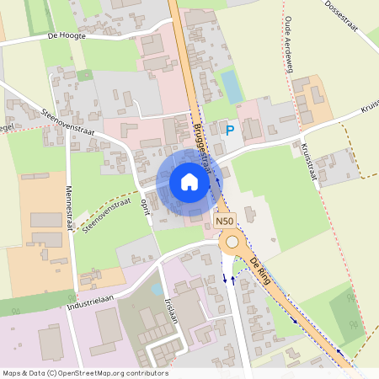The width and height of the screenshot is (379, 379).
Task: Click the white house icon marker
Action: tap(189, 181)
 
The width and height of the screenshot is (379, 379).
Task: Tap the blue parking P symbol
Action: tap(230, 130)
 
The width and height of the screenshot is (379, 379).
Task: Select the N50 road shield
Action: tap(223, 221)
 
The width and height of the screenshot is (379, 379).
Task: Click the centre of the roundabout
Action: tap(232, 243)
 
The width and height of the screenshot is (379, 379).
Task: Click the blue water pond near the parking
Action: tap(230, 84)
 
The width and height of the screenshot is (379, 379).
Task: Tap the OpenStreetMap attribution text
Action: tap(84, 372)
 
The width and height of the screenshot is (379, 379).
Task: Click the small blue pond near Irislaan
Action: tap(157, 290)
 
